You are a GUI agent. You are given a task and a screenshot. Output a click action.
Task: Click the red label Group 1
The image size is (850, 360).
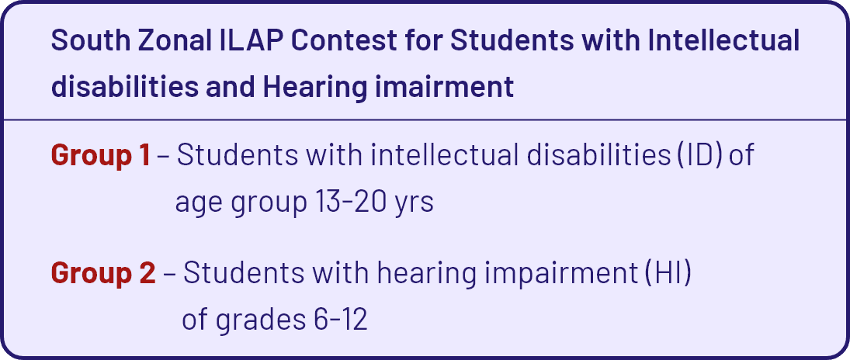[100, 157]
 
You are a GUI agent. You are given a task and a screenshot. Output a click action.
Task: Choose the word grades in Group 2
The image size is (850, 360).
[261, 322]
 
